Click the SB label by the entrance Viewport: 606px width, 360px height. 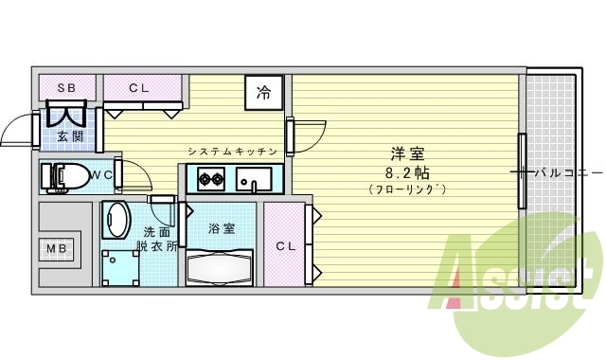pyautogui.click(x=66, y=88)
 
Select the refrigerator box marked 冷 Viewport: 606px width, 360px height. pyautogui.click(x=264, y=93)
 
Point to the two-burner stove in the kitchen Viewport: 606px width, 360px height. pyautogui.click(x=209, y=177)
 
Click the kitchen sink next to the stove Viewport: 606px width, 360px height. pyautogui.click(x=254, y=177)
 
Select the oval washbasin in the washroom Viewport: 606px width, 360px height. pyautogui.click(x=116, y=222)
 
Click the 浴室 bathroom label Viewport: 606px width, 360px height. pyautogui.click(x=221, y=228)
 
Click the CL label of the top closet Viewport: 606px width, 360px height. pyautogui.click(x=139, y=88)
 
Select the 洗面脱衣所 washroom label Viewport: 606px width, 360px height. pyautogui.click(x=157, y=239)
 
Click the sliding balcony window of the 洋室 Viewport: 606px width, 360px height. pyautogui.click(x=522, y=171)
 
